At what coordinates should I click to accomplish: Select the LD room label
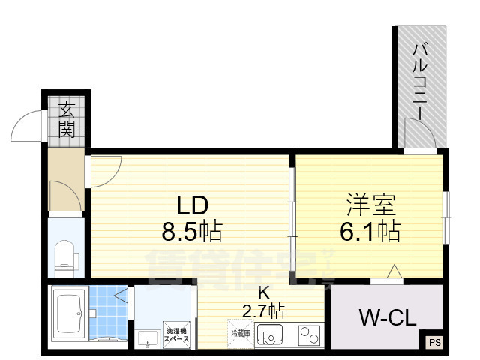click(x=191, y=205)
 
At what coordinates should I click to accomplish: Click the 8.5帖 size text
click(x=192, y=232)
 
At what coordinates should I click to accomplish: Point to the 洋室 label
click(x=370, y=204)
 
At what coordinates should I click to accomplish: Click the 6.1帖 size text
click(x=369, y=230)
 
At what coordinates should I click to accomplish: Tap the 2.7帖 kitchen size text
click(x=262, y=309)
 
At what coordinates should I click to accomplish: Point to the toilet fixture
click(x=65, y=254)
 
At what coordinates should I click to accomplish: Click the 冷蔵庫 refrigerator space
click(x=239, y=331)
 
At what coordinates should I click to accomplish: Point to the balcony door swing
click(x=418, y=135)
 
